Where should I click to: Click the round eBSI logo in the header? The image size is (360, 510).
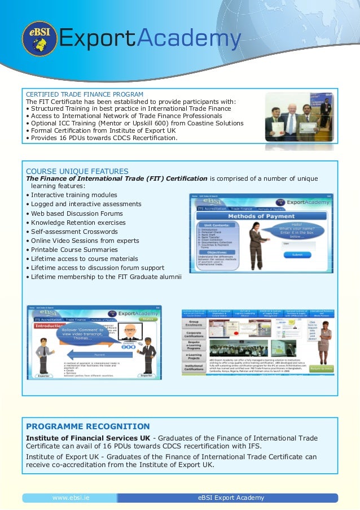click(39, 38)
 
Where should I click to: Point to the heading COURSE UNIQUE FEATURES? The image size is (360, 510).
click(77, 171)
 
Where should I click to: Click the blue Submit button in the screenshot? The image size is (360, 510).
click(297, 255)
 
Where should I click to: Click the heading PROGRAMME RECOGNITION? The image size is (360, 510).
click(88, 426)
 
